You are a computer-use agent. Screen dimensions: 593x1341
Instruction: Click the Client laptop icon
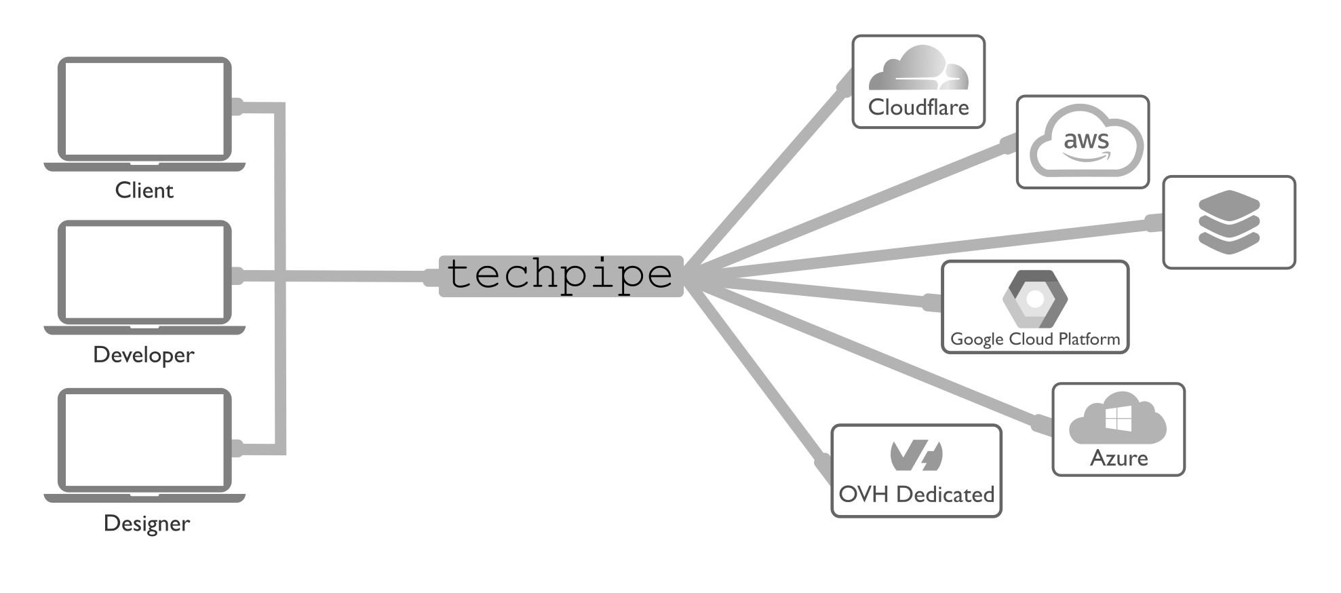coord(144,112)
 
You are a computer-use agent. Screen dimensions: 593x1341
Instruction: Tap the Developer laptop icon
coord(144,275)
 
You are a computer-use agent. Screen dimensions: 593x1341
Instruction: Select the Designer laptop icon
coord(144,443)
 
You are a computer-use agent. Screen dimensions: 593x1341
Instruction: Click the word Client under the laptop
coord(144,191)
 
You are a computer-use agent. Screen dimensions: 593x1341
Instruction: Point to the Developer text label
coord(144,355)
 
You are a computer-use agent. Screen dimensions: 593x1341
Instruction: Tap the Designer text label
coord(147,524)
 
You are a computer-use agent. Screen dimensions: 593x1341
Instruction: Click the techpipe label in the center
coord(560,275)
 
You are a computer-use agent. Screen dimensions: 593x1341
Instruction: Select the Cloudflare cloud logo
coord(918,69)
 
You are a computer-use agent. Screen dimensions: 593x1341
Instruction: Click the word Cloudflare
coord(918,107)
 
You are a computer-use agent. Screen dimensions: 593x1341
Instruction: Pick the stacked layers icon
coord(1228,221)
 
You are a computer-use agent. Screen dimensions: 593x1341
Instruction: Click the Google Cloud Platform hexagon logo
coord(1035,299)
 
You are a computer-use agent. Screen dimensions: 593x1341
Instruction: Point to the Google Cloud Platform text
coord(1035,339)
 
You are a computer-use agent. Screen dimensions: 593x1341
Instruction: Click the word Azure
coord(1119,459)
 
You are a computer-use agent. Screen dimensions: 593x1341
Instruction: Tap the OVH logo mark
coord(916,455)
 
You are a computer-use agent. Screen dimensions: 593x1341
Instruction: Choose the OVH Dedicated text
coord(916,495)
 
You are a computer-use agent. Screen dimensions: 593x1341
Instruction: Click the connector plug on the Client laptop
coord(237,107)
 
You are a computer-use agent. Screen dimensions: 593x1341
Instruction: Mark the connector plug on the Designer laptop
coord(237,448)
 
